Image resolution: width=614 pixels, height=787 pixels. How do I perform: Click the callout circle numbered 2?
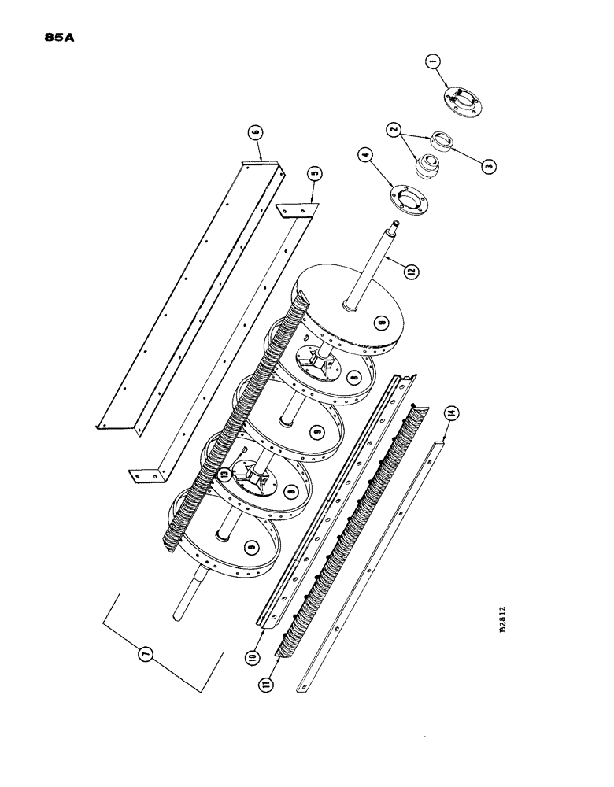click(x=392, y=131)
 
